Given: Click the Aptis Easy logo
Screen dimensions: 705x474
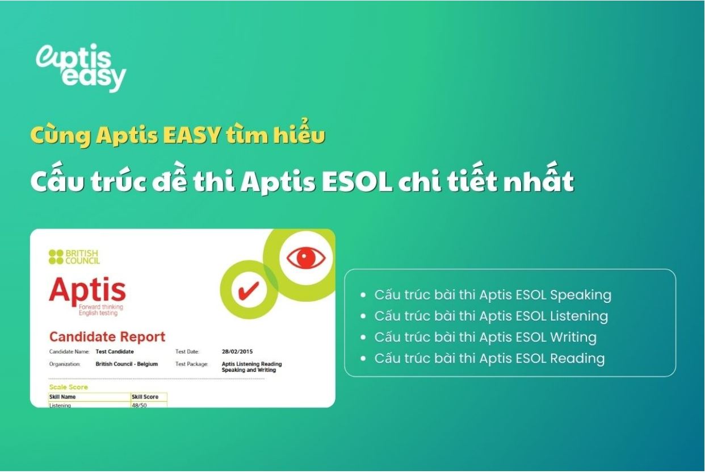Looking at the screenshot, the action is click(81, 68).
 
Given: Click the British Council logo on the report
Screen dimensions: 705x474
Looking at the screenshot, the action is click(74, 257).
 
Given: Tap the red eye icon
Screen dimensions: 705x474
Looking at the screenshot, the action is click(305, 258).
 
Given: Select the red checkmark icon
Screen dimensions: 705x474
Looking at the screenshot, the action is click(249, 290).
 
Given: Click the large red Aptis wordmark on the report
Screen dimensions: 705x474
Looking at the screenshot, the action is click(87, 290).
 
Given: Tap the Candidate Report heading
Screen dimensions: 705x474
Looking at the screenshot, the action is click(107, 337).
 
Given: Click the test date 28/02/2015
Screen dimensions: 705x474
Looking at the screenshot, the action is click(237, 351).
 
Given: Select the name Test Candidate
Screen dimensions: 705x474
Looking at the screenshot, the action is click(115, 351).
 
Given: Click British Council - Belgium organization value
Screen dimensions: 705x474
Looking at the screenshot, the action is click(127, 364).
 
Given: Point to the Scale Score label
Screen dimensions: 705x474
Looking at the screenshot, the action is click(68, 387).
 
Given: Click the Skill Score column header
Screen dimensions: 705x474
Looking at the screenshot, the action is click(145, 397).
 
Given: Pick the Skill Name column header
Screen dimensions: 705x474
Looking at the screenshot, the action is click(62, 397).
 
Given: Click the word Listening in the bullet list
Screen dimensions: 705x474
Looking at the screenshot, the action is click(579, 317).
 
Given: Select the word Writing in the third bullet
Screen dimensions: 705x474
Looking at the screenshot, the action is click(573, 338).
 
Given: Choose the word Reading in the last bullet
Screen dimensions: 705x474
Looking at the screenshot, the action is click(577, 359).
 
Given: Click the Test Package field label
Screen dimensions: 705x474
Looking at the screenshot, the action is click(192, 364).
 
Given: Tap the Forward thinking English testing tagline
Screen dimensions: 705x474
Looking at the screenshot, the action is click(100, 310).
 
